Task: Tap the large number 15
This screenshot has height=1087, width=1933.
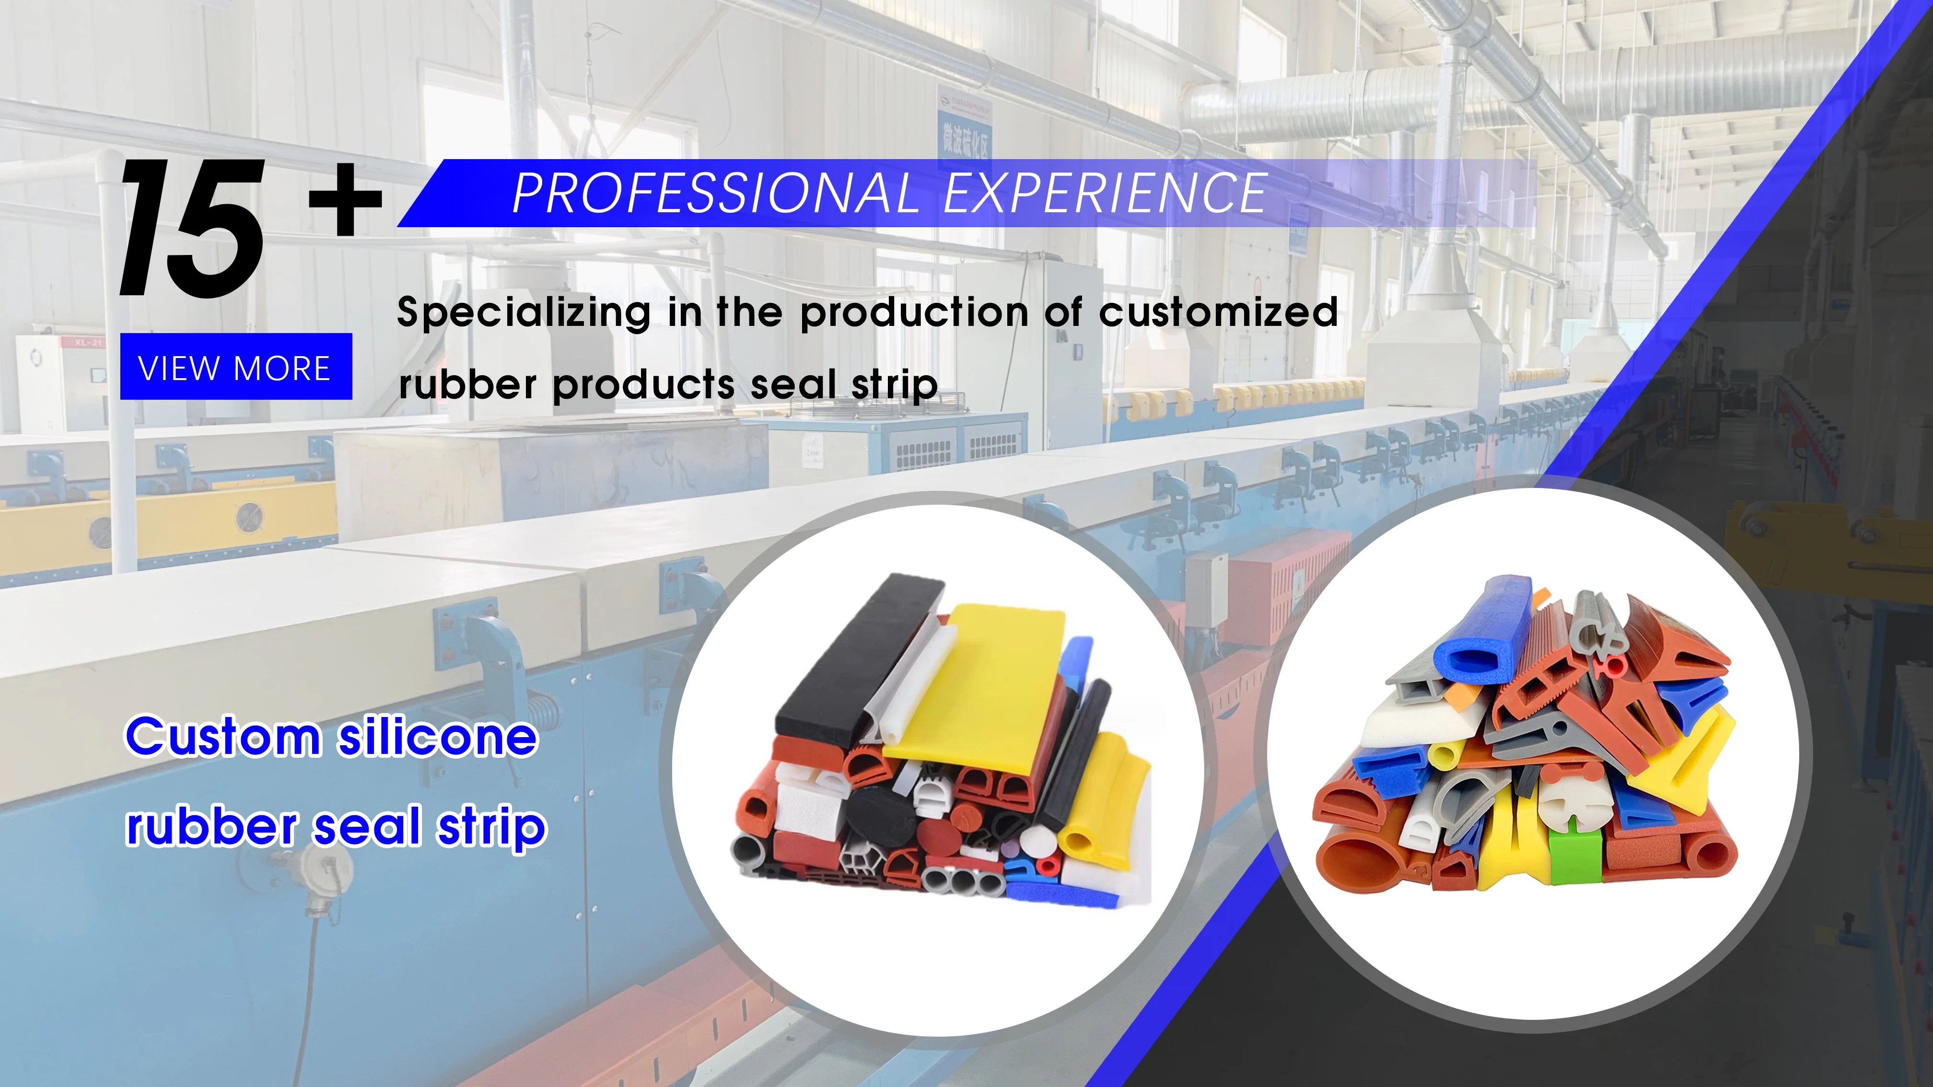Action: tap(192, 228)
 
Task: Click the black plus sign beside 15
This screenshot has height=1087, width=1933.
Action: tap(345, 199)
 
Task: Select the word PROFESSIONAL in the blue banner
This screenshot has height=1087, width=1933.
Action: tap(715, 194)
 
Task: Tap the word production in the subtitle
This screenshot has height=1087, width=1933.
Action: tap(914, 312)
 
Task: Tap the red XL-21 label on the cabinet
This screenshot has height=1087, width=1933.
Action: tap(87, 343)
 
